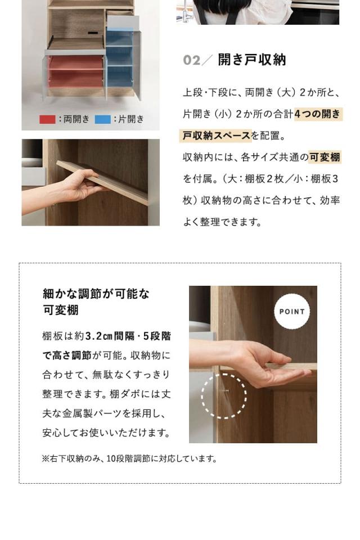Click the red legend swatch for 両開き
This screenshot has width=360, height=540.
click(x=48, y=119)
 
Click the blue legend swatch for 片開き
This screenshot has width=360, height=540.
click(x=103, y=119)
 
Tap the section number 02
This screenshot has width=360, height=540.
click(x=192, y=60)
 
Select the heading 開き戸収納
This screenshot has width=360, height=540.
click(x=252, y=60)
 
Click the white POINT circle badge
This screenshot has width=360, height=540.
click(x=292, y=311)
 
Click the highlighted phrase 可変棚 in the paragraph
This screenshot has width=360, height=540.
click(x=325, y=157)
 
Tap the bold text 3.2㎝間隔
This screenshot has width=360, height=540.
click(x=110, y=336)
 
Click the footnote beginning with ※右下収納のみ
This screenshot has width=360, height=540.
click(x=129, y=459)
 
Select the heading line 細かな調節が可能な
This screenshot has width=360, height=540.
click(x=96, y=294)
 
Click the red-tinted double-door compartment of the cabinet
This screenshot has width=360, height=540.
click(x=76, y=71)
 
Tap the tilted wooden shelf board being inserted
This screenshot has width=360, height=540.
click(x=103, y=182)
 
